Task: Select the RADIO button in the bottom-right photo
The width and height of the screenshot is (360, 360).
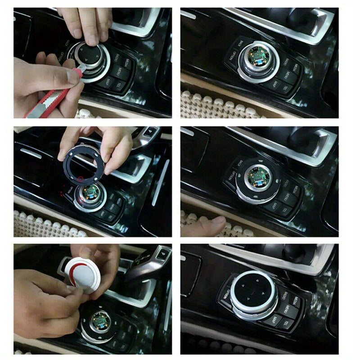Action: [x=284, y=296]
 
